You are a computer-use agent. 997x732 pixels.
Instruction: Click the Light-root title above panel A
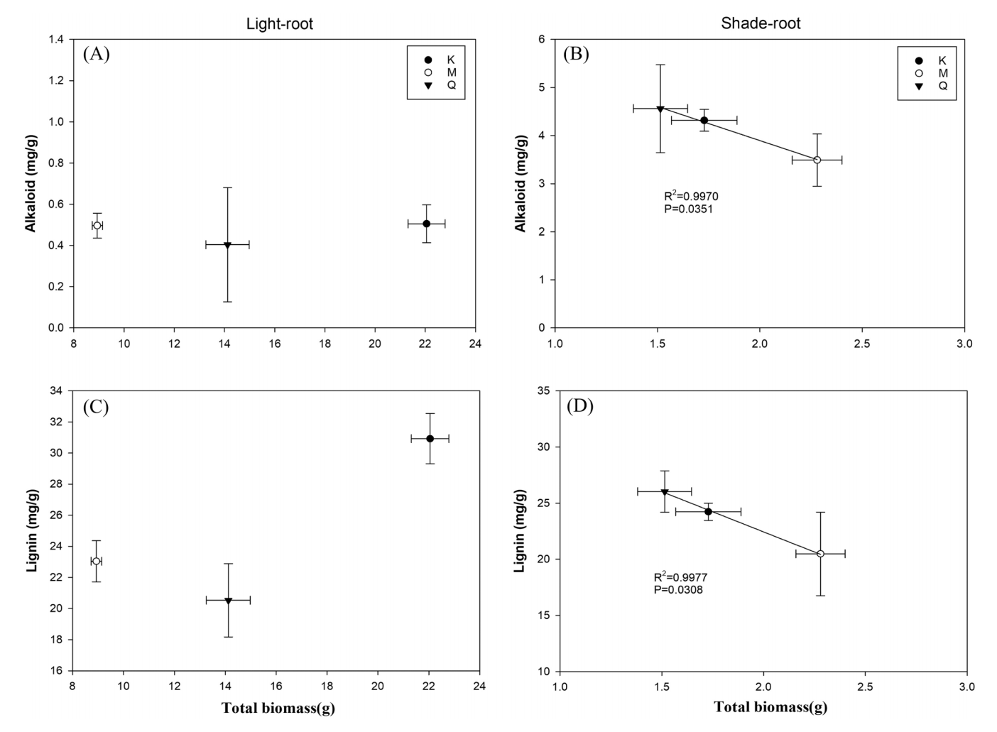(x=279, y=23)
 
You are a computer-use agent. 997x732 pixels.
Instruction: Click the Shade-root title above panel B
(x=761, y=23)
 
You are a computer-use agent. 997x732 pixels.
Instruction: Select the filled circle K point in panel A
(x=426, y=224)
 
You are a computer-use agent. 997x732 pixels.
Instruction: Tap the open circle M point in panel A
(x=97, y=225)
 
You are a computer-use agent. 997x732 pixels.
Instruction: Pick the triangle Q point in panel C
(x=228, y=601)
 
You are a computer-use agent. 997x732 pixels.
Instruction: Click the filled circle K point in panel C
(x=430, y=439)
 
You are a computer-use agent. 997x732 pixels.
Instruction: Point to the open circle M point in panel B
(x=817, y=160)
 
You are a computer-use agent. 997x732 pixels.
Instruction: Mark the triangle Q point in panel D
(x=665, y=492)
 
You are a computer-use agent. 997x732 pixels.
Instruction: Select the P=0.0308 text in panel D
(x=678, y=589)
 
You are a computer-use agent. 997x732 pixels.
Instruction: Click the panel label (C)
(x=96, y=407)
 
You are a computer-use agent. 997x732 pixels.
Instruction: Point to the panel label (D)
(x=579, y=407)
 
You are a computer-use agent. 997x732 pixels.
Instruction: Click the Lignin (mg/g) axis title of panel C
(x=32, y=531)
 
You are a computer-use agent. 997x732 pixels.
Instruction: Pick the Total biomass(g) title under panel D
(x=770, y=707)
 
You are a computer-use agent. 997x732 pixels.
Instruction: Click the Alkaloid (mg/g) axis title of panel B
(x=521, y=184)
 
